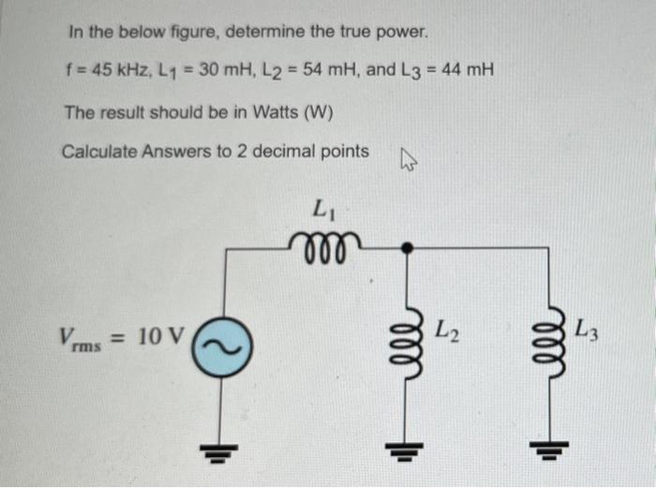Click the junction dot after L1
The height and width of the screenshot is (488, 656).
coord(406,247)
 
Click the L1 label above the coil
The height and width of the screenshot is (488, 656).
coord(324,207)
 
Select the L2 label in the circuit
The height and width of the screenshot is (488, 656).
coord(446,330)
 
